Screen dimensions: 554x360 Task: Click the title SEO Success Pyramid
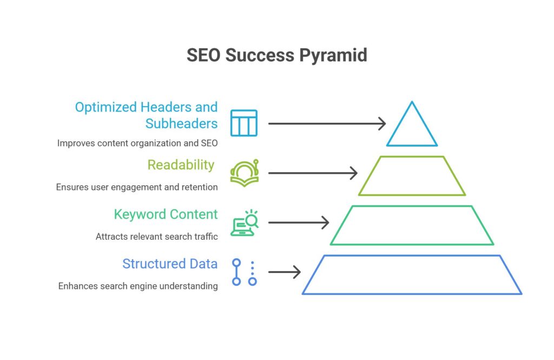pos(277,56)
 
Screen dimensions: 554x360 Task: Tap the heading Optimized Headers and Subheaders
pos(146,115)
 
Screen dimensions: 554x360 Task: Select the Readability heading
pos(181,165)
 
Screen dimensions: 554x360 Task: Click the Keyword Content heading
pos(166,214)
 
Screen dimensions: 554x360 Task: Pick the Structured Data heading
pos(170,264)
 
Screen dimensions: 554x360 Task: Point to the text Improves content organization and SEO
pos(137,143)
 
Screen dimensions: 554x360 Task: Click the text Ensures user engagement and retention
pos(137,187)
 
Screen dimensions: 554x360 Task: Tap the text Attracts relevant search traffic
pos(156,236)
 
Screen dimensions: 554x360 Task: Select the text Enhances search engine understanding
pos(138,286)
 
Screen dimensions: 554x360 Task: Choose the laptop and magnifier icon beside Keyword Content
pos(245,222)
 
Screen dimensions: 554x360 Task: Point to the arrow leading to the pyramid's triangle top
pos(327,124)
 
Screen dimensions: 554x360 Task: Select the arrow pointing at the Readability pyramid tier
pos(313,173)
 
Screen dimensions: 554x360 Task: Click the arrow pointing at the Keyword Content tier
pos(299,223)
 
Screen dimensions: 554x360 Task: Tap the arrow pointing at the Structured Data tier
pos(285,272)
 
